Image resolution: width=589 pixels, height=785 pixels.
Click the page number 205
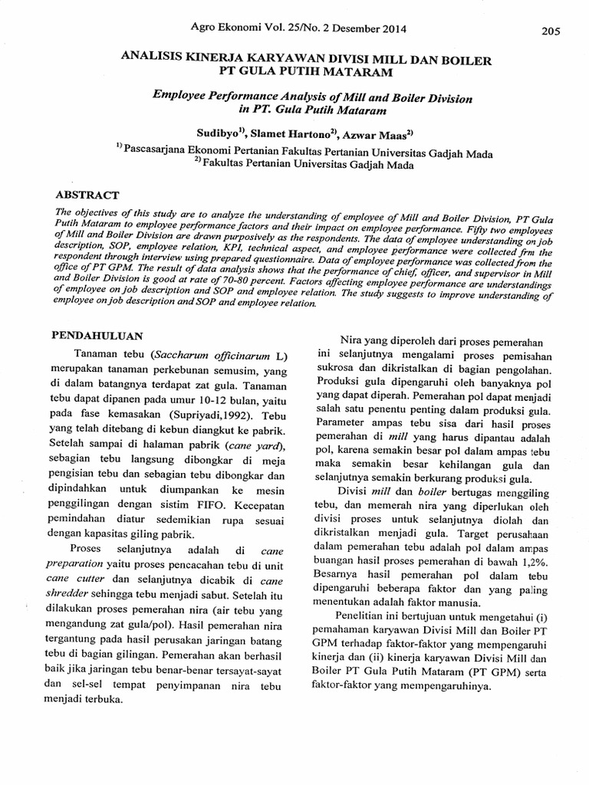[x=551, y=31]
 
